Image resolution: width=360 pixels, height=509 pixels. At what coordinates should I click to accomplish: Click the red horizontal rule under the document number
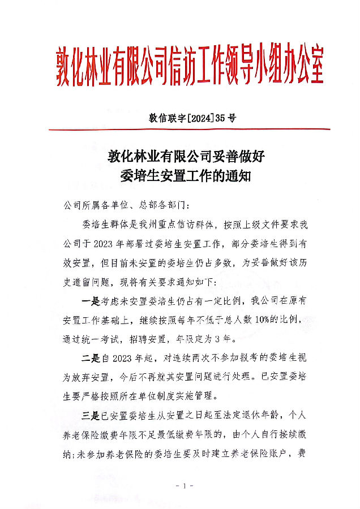point(190,130)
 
